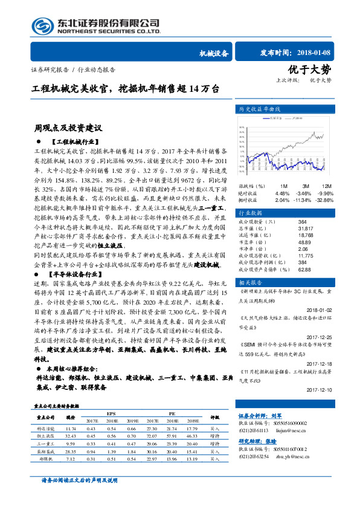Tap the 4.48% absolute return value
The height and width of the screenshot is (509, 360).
[x=282, y=193]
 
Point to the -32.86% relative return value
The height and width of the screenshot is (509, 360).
[x=324, y=199]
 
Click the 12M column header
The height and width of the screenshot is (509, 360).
[x=327, y=186]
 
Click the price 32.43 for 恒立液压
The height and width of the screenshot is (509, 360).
[x=70, y=435]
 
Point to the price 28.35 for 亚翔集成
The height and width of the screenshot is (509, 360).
[x=70, y=451]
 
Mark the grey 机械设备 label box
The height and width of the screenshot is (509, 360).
[x=214, y=53]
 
